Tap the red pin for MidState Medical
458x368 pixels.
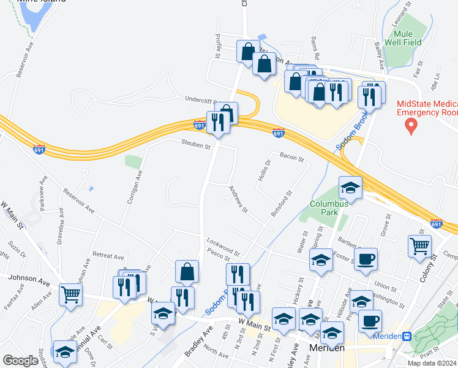(411, 126)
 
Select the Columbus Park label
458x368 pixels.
(328, 209)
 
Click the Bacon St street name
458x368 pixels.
(291, 158)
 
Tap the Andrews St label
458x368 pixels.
(237, 200)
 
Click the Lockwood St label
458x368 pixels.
(222, 247)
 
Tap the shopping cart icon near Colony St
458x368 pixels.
(419, 245)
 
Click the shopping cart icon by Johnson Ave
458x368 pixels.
(70, 294)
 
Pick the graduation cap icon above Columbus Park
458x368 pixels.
(350, 186)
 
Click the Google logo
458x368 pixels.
(20, 361)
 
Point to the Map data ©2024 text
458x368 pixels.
(432, 363)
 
